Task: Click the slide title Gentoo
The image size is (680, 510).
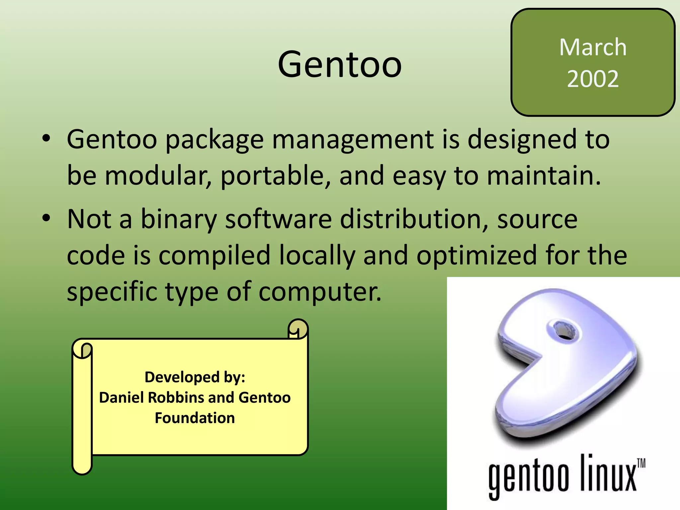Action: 340,64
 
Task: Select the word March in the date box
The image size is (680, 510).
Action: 593,47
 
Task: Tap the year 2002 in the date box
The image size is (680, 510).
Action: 593,79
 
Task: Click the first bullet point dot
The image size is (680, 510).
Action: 46,138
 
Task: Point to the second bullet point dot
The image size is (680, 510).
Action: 46,218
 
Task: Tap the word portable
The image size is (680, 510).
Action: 276,176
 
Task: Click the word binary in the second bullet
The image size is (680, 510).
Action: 179,220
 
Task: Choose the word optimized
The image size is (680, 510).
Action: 476,256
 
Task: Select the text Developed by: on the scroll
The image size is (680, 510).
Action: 195,377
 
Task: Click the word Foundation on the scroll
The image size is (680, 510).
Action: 195,418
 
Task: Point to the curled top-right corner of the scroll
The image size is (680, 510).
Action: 298,329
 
